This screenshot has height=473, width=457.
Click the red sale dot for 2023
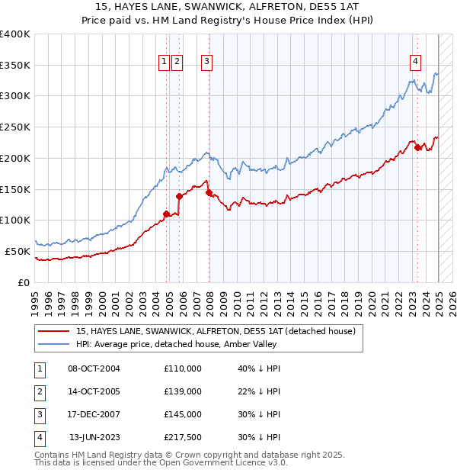(418, 147)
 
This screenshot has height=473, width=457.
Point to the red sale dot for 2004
(166, 214)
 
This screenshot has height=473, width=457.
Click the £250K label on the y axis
(15, 127)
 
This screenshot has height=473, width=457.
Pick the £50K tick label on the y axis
(18, 251)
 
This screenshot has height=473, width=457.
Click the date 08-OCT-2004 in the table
(94, 368)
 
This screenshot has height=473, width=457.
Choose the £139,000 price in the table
(183, 391)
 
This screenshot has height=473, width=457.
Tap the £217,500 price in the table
(183, 437)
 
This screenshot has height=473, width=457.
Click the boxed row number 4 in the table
(39, 437)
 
